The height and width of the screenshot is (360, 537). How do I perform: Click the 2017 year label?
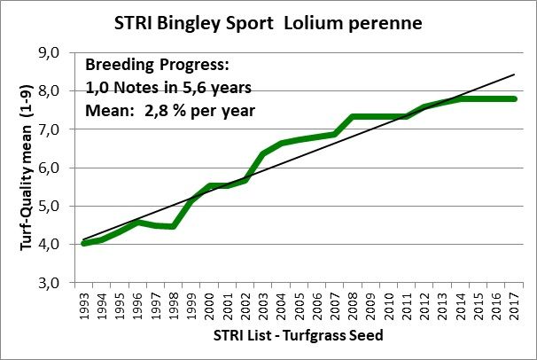pyautogui.click(x=515, y=305)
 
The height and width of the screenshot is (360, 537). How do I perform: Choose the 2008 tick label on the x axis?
pyautogui.click(x=354, y=305)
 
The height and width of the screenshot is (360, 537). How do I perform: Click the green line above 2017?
pyautogui.click(x=515, y=98)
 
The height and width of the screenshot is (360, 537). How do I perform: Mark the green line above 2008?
pyautogui.click(x=354, y=116)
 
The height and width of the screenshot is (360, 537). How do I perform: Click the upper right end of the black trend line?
pyautogui.click(x=514, y=74)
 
